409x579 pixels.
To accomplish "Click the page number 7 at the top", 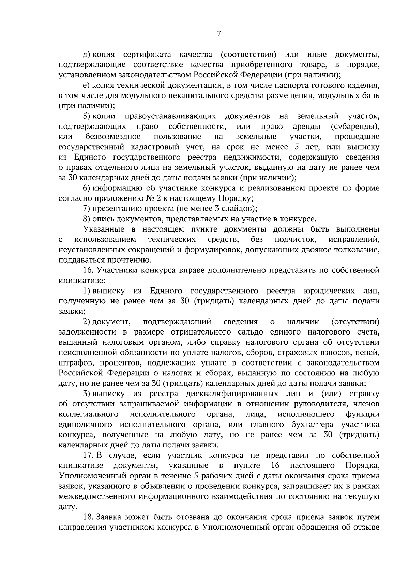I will click(x=219, y=34).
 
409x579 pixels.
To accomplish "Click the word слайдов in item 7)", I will click(x=239, y=209).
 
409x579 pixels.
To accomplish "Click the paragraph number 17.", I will click(x=89, y=456).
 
